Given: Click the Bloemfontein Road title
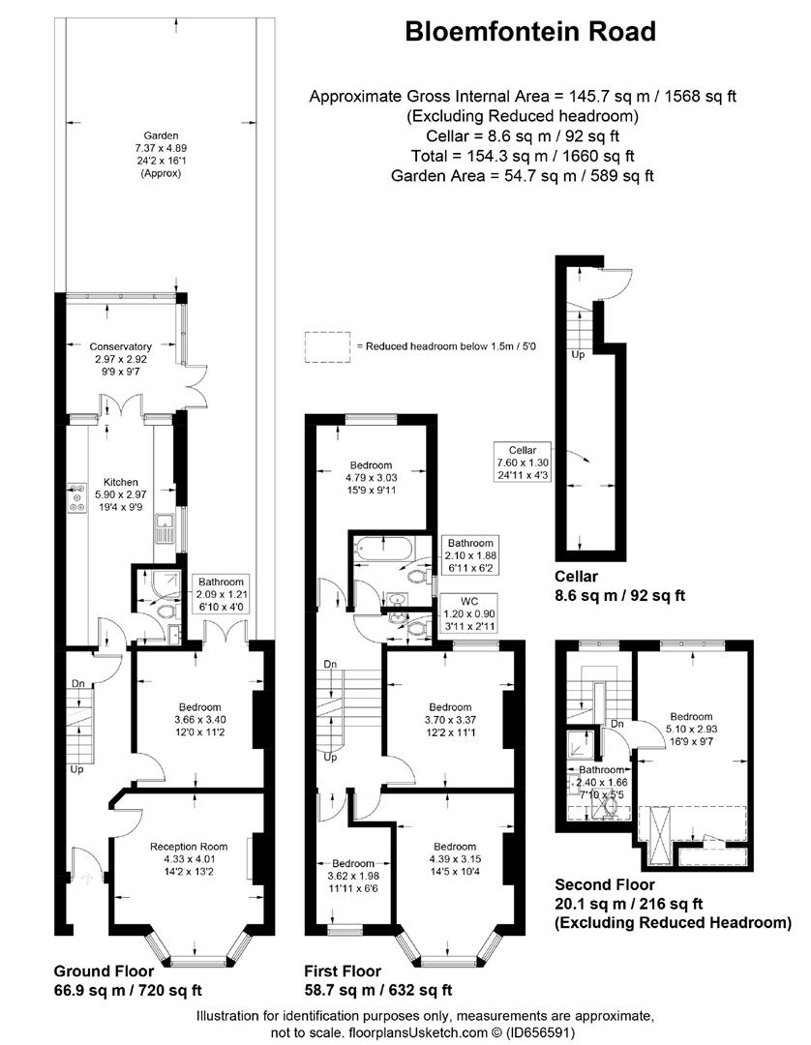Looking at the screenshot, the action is (530, 31).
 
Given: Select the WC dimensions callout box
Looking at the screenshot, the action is (469, 613).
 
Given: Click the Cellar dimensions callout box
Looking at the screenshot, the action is (523, 463).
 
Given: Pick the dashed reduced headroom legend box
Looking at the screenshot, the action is (327, 346).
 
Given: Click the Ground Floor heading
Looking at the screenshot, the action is (104, 971).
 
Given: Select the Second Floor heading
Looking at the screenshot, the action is (605, 884).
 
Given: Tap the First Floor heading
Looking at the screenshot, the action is (344, 971).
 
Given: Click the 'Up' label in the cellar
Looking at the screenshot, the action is (578, 354).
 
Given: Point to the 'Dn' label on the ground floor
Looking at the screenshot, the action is (78, 683).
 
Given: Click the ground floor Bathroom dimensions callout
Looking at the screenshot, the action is (221, 594).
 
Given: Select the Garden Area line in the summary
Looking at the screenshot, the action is (523, 176).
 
